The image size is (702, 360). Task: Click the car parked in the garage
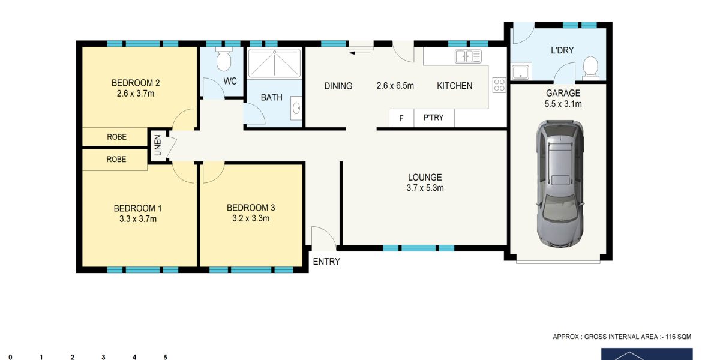[560, 183]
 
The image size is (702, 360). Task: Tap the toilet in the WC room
[223, 59]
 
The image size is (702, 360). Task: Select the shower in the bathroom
[274, 63]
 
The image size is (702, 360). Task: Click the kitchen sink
[468, 56]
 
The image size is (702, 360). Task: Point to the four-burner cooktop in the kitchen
[499, 85]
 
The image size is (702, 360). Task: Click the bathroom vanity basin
[296, 108]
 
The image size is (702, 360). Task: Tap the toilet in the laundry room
[591, 68]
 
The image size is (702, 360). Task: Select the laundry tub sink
[520, 71]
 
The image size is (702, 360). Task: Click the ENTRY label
[326, 262]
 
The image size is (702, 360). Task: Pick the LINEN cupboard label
[158, 146]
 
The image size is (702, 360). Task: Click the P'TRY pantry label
[433, 118]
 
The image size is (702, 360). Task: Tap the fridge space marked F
[401, 118]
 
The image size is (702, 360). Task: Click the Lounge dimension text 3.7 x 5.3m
[425, 188]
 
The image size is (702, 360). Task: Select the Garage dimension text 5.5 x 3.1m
[563, 104]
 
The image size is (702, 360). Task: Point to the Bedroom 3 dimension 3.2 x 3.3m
[251, 218]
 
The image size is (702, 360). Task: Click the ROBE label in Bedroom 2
[116, 137]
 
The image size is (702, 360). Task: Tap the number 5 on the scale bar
[166, 357]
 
